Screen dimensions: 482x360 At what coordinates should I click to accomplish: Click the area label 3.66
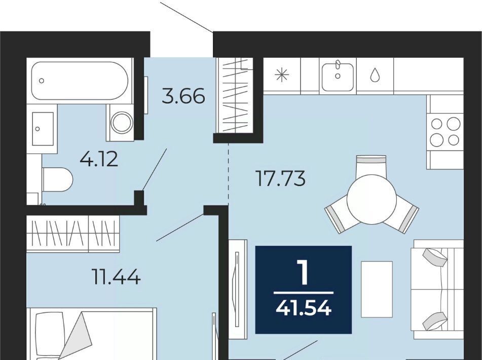[183, 96]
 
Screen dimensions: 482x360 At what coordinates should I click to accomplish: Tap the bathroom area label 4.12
[99, 159]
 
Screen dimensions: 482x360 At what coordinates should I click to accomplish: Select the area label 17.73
[281, 178]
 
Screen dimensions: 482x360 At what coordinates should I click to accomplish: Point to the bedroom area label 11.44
[116, 276]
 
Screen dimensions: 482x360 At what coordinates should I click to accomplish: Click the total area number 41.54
[304, 308]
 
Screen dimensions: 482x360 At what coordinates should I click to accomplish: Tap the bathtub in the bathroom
[80, 81]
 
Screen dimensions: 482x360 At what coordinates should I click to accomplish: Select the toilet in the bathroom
[57, 179]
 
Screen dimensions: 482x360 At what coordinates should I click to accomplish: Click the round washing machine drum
[122, 122]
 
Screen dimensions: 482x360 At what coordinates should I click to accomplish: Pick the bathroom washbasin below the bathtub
[43, 129]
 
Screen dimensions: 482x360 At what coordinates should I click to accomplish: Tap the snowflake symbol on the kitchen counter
[282, 75]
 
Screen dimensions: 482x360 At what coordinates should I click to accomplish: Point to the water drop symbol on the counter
[375, 75]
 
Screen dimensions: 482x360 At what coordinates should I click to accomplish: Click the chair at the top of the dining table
[371, 166]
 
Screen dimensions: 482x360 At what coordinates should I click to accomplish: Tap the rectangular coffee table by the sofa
[377, 289]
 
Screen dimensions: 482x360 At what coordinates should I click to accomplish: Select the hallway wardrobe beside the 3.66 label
[235, 95]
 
